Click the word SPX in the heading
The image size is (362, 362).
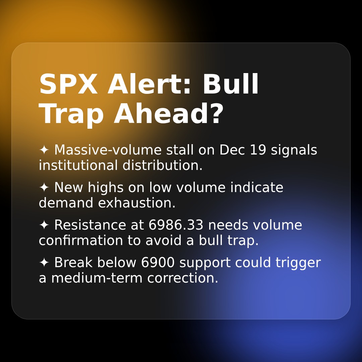pyautogui.click(x=68, y=85)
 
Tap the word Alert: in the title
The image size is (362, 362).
pyautogui.click(x=149, y=85)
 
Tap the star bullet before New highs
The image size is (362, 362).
pyautogui.click(x=44, y=188)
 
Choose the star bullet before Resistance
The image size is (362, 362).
pyautogui.click(x=44, y=225)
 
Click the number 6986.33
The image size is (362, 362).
pyautogui.click(x=176, y=225)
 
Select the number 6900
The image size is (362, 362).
pyautogui.click(x=158, y=263)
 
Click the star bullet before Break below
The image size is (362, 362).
pyautogui.click(x=44, y=263)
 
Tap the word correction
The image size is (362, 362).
pyautogui.click(x=183, y=278)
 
